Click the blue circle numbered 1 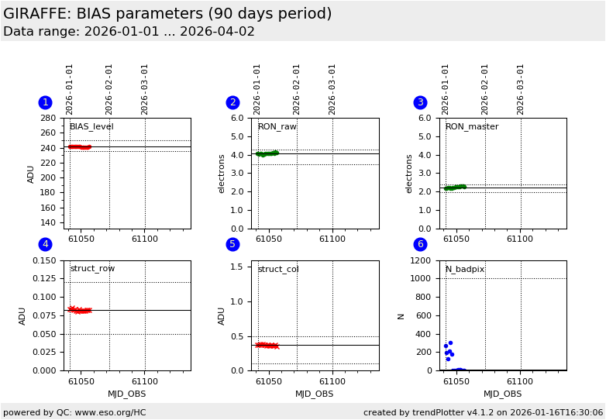(x=45, y=102)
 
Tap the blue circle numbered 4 (x=45, y=244)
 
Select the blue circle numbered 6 (x=420, y=244)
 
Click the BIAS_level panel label (x=91, y=126)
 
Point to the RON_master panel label (x=471, y=126)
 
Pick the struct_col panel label (x=277, y=269)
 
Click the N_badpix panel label (x=464, y=269)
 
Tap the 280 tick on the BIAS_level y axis (x=48, y=119)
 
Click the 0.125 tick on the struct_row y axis (x=44, y=279)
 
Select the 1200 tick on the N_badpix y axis (x=424, y=261)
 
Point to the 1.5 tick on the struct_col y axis (x=239, y=266)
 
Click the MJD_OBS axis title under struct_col (x=315, y=394)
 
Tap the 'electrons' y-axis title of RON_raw (x=221, y=173)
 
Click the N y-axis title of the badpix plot (x=401, y=315)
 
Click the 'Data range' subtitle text (x=129, y=32)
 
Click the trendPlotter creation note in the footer (x=483, y=412)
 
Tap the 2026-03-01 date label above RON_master (x=521, y=89)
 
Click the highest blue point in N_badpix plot (x=450, y=343)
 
